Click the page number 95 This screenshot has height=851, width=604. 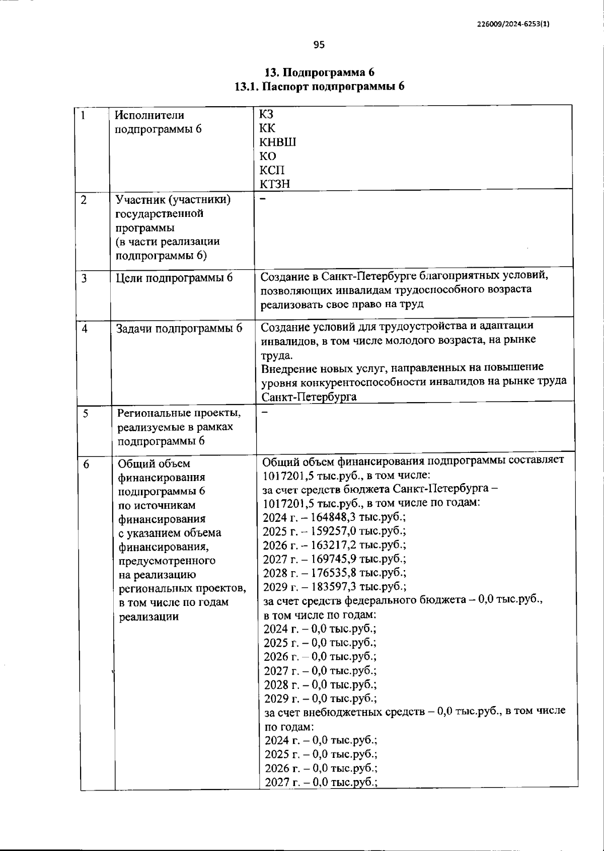coord(319,45)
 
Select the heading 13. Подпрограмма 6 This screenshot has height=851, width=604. coord(320,72)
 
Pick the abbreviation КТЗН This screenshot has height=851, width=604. coord(275,184)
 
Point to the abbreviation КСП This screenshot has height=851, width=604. coord(272,170)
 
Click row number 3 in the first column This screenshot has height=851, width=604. coord(84,277)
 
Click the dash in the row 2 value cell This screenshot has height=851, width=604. coord(262,199)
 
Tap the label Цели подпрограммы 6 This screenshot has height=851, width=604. coord(174,277)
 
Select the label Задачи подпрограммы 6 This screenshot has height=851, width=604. coord(179,328)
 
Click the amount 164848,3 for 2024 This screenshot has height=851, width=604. coord(334,517)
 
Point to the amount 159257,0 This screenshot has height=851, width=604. coord(334,531)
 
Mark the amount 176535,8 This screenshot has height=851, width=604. coord(335,573)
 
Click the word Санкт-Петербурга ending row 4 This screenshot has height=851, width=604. coord(309,397)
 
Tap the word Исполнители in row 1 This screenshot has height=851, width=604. coord(149,115)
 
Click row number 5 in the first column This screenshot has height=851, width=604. coord(86,413)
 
